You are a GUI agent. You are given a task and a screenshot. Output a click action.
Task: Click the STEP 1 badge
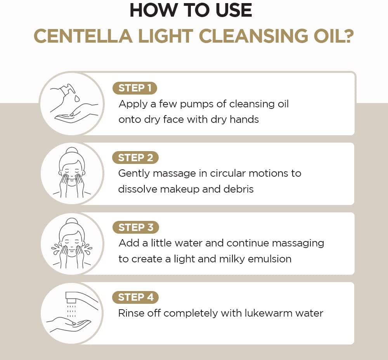point(135,88)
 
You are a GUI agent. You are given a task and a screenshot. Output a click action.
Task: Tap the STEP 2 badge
point(135,158)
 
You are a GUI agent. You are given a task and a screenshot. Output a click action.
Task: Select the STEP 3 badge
point(135,227)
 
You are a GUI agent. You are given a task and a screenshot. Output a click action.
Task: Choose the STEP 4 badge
point(135,297)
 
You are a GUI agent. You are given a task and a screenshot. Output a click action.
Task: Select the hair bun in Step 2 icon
point(72,152)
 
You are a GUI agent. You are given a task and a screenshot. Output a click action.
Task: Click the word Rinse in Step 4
point(131,313)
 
